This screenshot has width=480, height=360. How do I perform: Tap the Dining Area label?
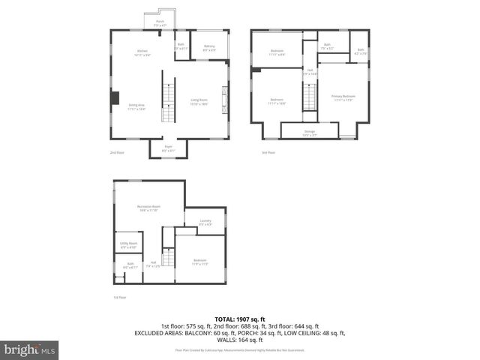(x=136, y=108)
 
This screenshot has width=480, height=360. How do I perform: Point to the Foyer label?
(x=169, y=148)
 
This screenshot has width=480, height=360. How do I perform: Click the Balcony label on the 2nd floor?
(x=209, y=48)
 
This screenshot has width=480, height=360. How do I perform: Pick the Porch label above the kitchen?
(x=160, y=24)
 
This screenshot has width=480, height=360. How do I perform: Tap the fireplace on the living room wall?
(x=223, y=100)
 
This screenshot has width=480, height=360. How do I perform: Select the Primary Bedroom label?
(x=343, y=98)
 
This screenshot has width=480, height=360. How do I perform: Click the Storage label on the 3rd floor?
(x=310, y=132)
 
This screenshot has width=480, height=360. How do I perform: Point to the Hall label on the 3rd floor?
(x=310, y=72)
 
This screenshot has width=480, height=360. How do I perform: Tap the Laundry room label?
(x=205, y=222)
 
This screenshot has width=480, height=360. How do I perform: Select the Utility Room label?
(x=128, y=245)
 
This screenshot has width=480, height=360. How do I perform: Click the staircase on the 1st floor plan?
(x=169, y=259)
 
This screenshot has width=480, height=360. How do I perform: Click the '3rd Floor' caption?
(x=268, y=153)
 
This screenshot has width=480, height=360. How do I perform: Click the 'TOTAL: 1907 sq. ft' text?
(x=240, y=319)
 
